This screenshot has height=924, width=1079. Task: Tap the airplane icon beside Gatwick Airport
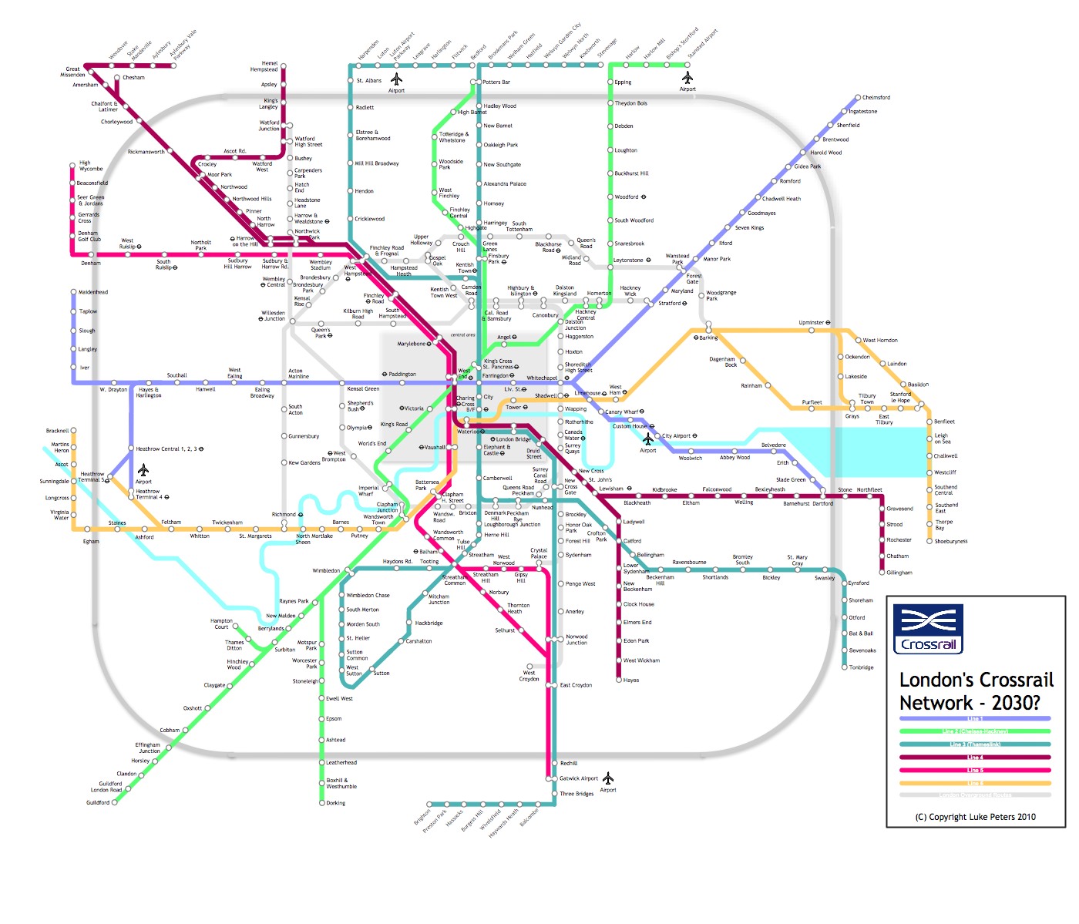click(608, 778)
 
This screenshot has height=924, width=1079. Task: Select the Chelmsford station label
click(876, 98)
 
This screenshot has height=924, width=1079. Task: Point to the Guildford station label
click(98, 802)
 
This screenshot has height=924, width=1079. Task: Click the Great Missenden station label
click(73, 72)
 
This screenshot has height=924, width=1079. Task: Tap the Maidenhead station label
click(93, 292)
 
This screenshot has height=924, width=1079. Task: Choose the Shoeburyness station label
click(950, 541)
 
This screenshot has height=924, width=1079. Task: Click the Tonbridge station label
click(861, 667)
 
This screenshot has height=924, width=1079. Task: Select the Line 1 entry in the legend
click(975, 718)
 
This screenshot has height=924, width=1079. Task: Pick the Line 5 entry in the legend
click(975, 770)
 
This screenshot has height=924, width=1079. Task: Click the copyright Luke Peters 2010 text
click(975, 817)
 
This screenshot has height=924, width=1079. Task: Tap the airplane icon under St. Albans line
click(396, 79)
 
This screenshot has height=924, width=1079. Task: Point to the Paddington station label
click(401, 375)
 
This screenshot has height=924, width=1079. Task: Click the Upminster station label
click(813, 322)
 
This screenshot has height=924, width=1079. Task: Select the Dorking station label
click(335, 803)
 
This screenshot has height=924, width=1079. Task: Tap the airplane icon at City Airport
click(647, 438)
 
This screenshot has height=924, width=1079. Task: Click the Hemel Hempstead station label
click(264, 66)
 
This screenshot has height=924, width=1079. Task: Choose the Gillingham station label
click(899, 573)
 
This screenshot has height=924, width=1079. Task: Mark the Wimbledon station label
click(326, 571)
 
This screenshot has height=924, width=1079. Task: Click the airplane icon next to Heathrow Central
click(143, 470)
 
